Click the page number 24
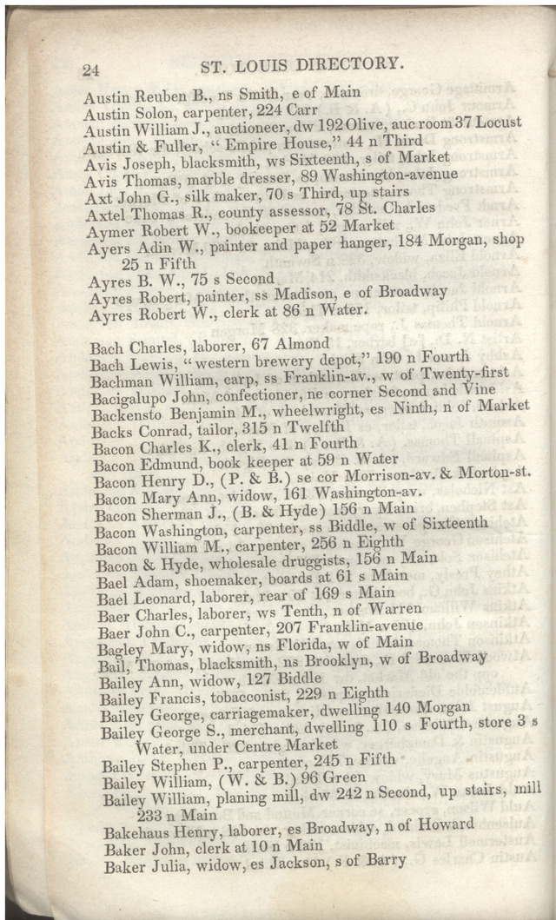tap(93, 71)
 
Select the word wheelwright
tap(308, 409)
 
